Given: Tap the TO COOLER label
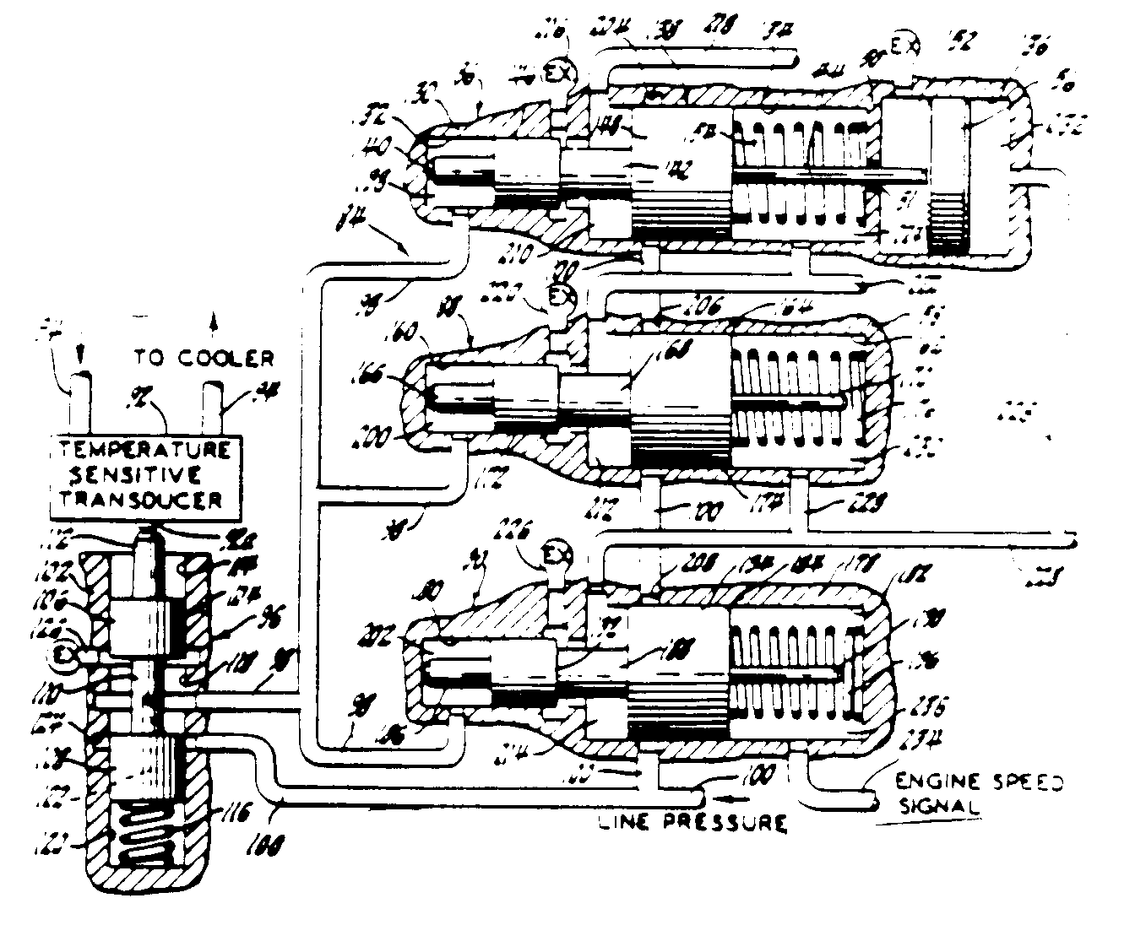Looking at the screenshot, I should pos(204,357).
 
